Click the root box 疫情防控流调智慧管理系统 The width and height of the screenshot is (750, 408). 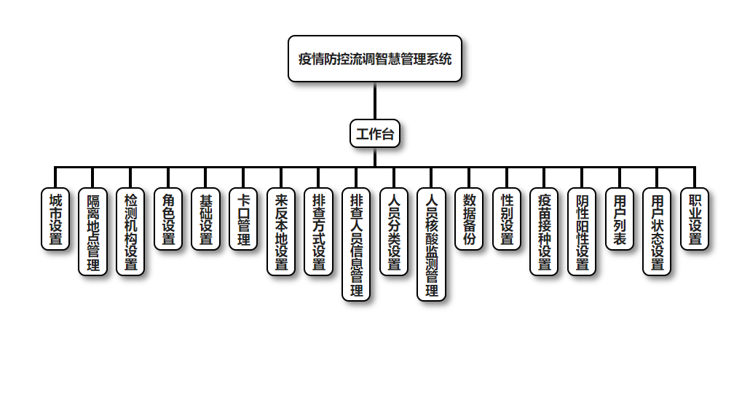point(375,58)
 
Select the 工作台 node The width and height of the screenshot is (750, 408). point(375,133)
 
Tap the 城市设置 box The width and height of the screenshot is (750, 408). point(55,219)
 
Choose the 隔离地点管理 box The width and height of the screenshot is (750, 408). point(93,232)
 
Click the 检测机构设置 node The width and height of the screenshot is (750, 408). point(130,232)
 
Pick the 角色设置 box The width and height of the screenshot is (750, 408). point(168,219)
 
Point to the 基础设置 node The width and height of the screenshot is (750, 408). point(206,219)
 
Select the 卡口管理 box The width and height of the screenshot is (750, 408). point(243,219)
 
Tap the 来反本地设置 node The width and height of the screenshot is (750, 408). point(281,232)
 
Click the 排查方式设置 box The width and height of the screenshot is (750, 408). point(318,232)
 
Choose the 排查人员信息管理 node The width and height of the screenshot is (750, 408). point(356,244)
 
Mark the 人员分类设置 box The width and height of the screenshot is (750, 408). point(394,232)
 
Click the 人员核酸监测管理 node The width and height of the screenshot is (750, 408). point(431,244)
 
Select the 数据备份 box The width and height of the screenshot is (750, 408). point(469,219)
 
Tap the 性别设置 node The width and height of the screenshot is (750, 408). point(507,219)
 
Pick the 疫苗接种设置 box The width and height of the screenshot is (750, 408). point(544,232)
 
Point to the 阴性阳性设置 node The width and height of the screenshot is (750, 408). point(582,232)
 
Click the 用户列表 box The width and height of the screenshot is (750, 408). point(620,219)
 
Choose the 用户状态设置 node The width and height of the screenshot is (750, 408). point(657,232)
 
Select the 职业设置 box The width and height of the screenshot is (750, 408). point(695,219)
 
